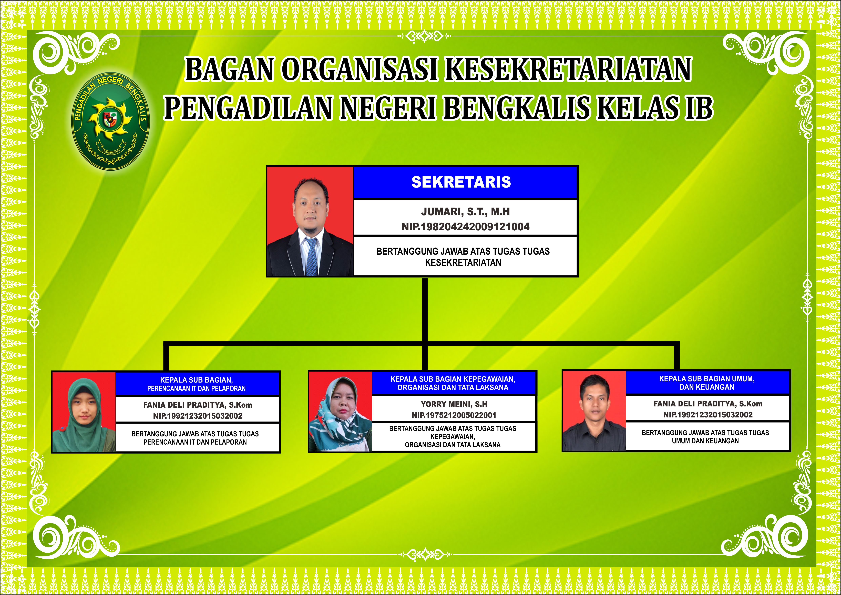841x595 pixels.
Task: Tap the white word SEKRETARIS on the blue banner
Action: [x=461, y=182]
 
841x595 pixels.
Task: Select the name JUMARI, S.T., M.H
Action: [x=465, y=212]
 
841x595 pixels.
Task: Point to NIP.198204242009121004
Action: [x=465, y=227]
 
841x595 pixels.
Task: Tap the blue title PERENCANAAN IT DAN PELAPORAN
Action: [x=196, y=388]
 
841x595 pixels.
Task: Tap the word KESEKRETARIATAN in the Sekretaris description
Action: [x=463, y=262]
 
